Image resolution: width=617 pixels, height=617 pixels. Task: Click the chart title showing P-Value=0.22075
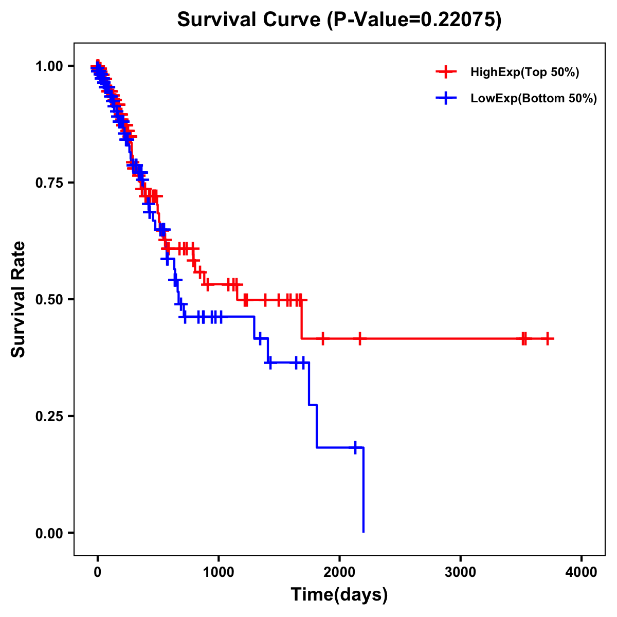click(339, 20)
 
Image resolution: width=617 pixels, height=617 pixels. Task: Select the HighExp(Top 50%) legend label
click(525, 72)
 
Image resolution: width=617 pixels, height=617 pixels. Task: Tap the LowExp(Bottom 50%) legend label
click(534, 98)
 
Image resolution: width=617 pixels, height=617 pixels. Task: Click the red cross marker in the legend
click(446, 72)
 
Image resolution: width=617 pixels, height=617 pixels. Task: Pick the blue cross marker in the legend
click(446, 98)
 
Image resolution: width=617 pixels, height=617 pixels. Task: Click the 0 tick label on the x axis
click(98, 573)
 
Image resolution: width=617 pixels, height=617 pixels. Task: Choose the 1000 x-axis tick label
click(219, 573)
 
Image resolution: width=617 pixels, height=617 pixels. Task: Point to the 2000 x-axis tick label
click(339, 573)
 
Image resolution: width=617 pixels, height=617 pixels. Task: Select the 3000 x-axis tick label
click(461, 573)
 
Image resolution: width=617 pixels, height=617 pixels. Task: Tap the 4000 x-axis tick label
click(582, 573)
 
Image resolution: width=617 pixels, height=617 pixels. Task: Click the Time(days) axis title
click(339, 595)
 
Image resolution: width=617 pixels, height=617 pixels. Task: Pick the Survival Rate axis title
click(19, 299)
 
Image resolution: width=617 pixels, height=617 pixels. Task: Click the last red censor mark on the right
click(548, 338)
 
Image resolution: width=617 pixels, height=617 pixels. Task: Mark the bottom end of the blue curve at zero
click(364, 531)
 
